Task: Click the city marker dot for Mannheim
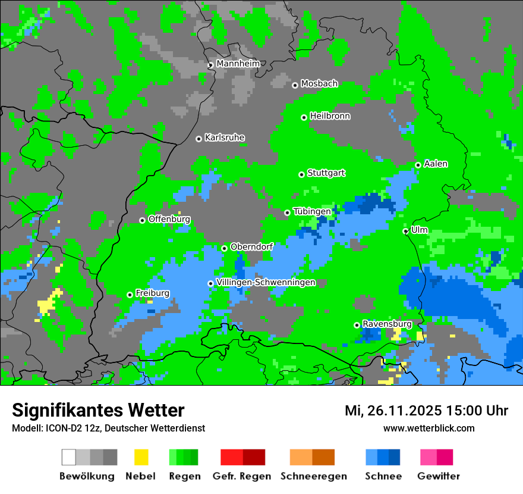[x=210, y=65]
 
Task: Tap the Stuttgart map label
[x=326, y=173]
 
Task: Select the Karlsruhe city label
[x=224, y=137]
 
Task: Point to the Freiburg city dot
[x=130, y=295]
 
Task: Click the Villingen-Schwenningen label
[x=266, y=282]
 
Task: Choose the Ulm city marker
[x=405, y=231]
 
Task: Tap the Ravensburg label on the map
[x=387, y=324]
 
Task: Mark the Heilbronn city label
[x=330, y=116]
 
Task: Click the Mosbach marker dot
[x=295, y=85]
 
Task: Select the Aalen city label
[x=436, y=164]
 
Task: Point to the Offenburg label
[x=169, y=219]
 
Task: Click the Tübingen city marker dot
[x=287, y=212]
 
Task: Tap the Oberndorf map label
[x=251, y=247]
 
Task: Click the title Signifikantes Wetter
[x=98, y=410]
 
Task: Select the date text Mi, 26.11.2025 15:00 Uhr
[x=426, y=411]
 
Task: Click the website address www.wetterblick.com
[x=429, y=428]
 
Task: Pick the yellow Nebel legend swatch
[x=141, y=457]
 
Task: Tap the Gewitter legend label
[x=438, y=476]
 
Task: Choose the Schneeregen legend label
[x=313, y=476]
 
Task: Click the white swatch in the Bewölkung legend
[x=69, y=457]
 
